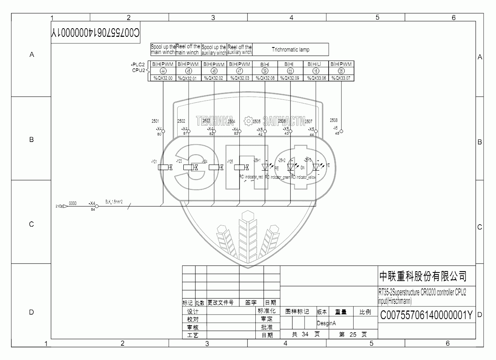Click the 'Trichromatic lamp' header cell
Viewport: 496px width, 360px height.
291,49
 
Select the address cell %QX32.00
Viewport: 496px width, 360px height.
163,78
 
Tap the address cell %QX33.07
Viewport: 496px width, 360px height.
341,78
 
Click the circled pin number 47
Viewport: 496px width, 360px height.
239,71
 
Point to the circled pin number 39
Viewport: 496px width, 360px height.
265,71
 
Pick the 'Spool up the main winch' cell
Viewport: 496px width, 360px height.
163,49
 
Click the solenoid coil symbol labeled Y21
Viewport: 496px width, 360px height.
163,167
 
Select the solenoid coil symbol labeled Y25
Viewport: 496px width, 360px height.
239,167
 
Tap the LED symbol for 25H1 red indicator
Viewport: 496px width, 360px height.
265,167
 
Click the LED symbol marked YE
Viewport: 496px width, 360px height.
316,167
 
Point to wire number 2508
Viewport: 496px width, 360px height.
334,120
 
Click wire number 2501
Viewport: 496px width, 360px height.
156,121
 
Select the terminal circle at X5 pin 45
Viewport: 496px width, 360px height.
342,131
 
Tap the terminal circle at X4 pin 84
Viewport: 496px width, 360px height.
97,206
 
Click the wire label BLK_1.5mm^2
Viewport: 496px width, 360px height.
114,201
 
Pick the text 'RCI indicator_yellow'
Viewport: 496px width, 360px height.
304,177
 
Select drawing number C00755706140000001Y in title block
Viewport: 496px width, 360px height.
426,315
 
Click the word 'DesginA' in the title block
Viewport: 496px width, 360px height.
327,323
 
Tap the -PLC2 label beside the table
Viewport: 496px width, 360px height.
138,65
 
